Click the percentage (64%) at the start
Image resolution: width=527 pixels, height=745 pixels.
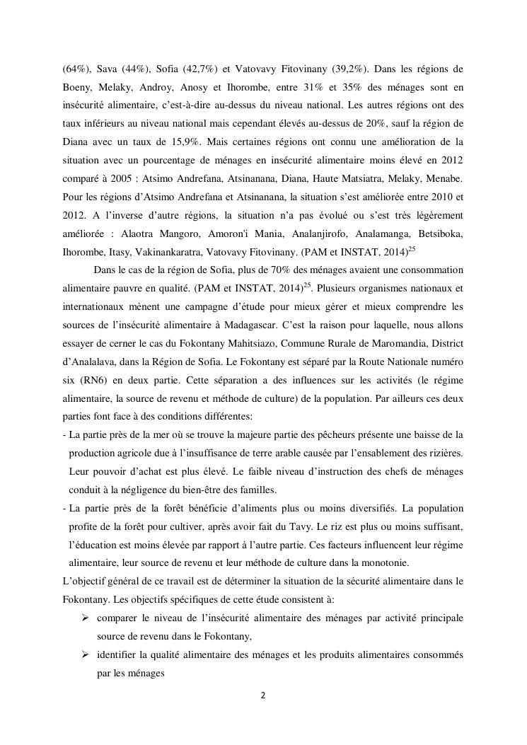coord(75,69)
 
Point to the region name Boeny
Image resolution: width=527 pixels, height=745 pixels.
coord(76,88)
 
